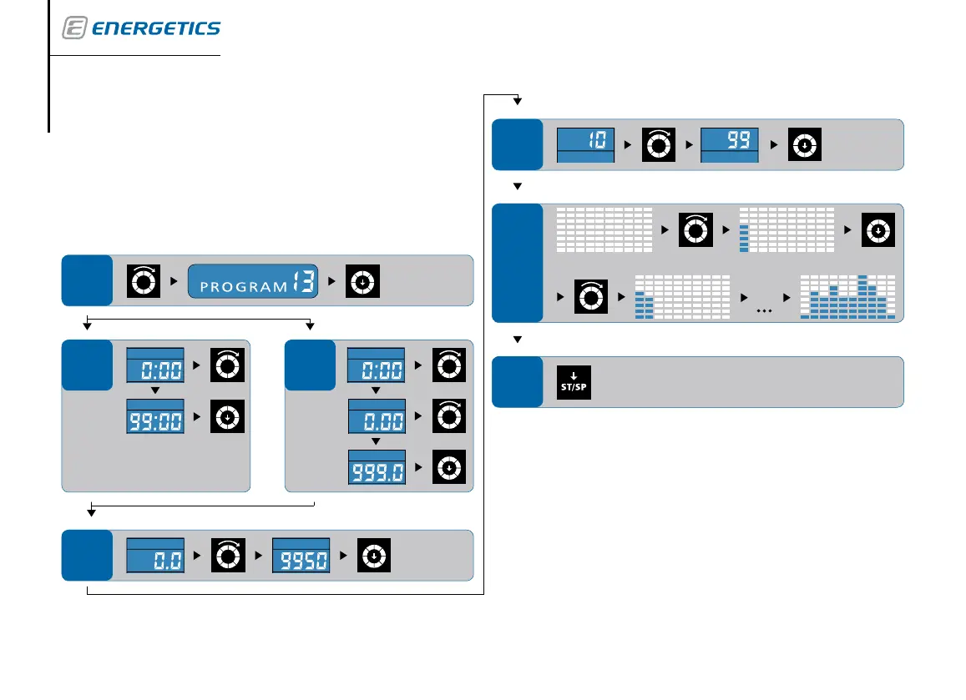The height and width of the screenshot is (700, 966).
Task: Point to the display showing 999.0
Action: pyautogui.click(x=376, y=466)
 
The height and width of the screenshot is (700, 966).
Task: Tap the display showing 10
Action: pyautogui.click(x=585, y=144)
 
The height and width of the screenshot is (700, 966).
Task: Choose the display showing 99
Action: pyautogui.click(x=729, y=144)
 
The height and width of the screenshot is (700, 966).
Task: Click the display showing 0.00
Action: pyautogui.click(x=376, y=415)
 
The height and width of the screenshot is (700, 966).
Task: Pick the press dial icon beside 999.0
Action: pyautogui.click(x=449, y=466)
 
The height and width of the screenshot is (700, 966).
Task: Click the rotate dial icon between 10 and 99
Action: pyautogui.click(x=657, y=144)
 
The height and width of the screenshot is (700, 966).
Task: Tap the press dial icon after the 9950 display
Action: pyautogui.click(x=375, y=556)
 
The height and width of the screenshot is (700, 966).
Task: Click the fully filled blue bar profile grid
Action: pyautogui.click(x=847, y=297)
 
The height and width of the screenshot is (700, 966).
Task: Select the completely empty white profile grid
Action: pyautogui.click(x=604, y=229)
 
